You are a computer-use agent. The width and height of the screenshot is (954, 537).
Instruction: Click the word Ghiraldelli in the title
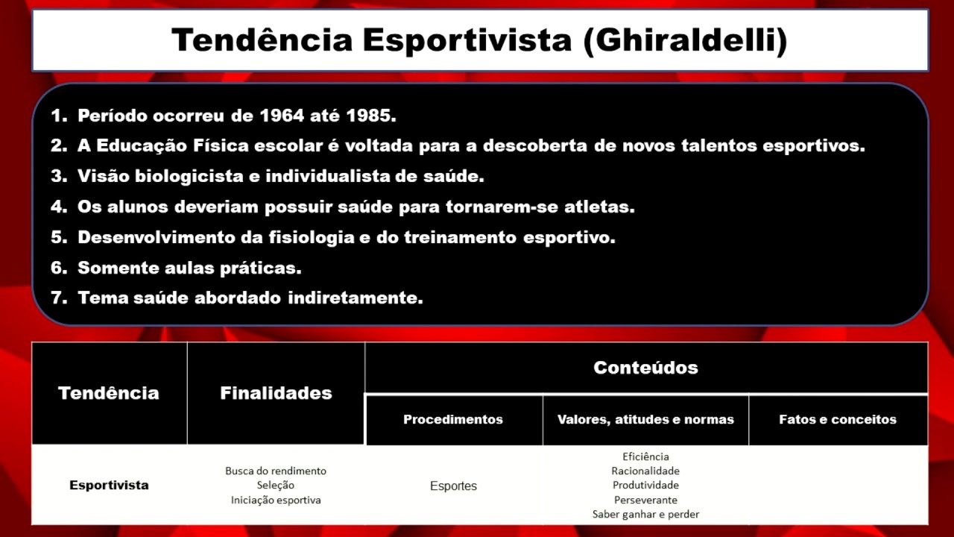click(x=686, y=40)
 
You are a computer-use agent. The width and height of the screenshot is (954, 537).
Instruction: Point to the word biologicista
click(x=189, y=177)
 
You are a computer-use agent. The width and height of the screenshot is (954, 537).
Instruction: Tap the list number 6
click(x=59, y=268)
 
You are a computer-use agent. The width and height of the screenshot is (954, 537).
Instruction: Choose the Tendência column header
click(x=109, y=393)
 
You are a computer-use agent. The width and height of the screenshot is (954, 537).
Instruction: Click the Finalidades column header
click(x=276, y=393)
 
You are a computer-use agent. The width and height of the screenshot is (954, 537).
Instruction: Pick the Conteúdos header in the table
click(x=645, y=367)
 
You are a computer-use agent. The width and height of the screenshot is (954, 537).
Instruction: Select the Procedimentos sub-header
click(x=453, y=419)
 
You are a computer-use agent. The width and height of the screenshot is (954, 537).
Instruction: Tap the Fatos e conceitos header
click(x=838, y=419)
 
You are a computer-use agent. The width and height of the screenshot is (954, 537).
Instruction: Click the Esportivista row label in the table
click(x=109, y=485)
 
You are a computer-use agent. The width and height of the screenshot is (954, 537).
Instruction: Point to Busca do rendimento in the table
click(x=276, y=471)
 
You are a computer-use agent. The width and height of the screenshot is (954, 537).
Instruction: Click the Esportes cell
click(x=453, y=486)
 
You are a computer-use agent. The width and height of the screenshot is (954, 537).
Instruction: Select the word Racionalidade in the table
click(x=645, y=471)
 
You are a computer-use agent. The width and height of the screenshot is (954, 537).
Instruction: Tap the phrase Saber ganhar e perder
click(x=645, y=514)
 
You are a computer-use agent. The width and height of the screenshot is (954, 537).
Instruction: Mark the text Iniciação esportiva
click(x=276, y=500)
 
